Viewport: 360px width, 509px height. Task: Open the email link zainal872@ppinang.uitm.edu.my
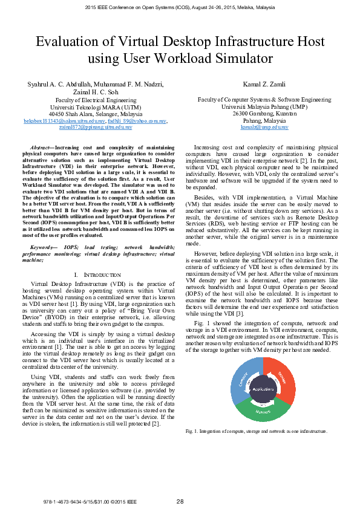[96, 128]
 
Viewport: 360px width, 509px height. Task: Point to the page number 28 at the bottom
[180, 501]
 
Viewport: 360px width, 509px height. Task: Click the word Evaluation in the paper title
[68, 42]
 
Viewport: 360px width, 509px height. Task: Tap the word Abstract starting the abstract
[41, 148]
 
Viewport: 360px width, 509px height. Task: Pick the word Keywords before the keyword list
[43, 247]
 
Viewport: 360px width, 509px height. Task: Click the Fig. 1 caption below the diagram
[257, 431]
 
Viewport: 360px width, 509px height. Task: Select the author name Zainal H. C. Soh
[96, 92]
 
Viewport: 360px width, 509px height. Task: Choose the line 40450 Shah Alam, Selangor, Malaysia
[96, 114]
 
